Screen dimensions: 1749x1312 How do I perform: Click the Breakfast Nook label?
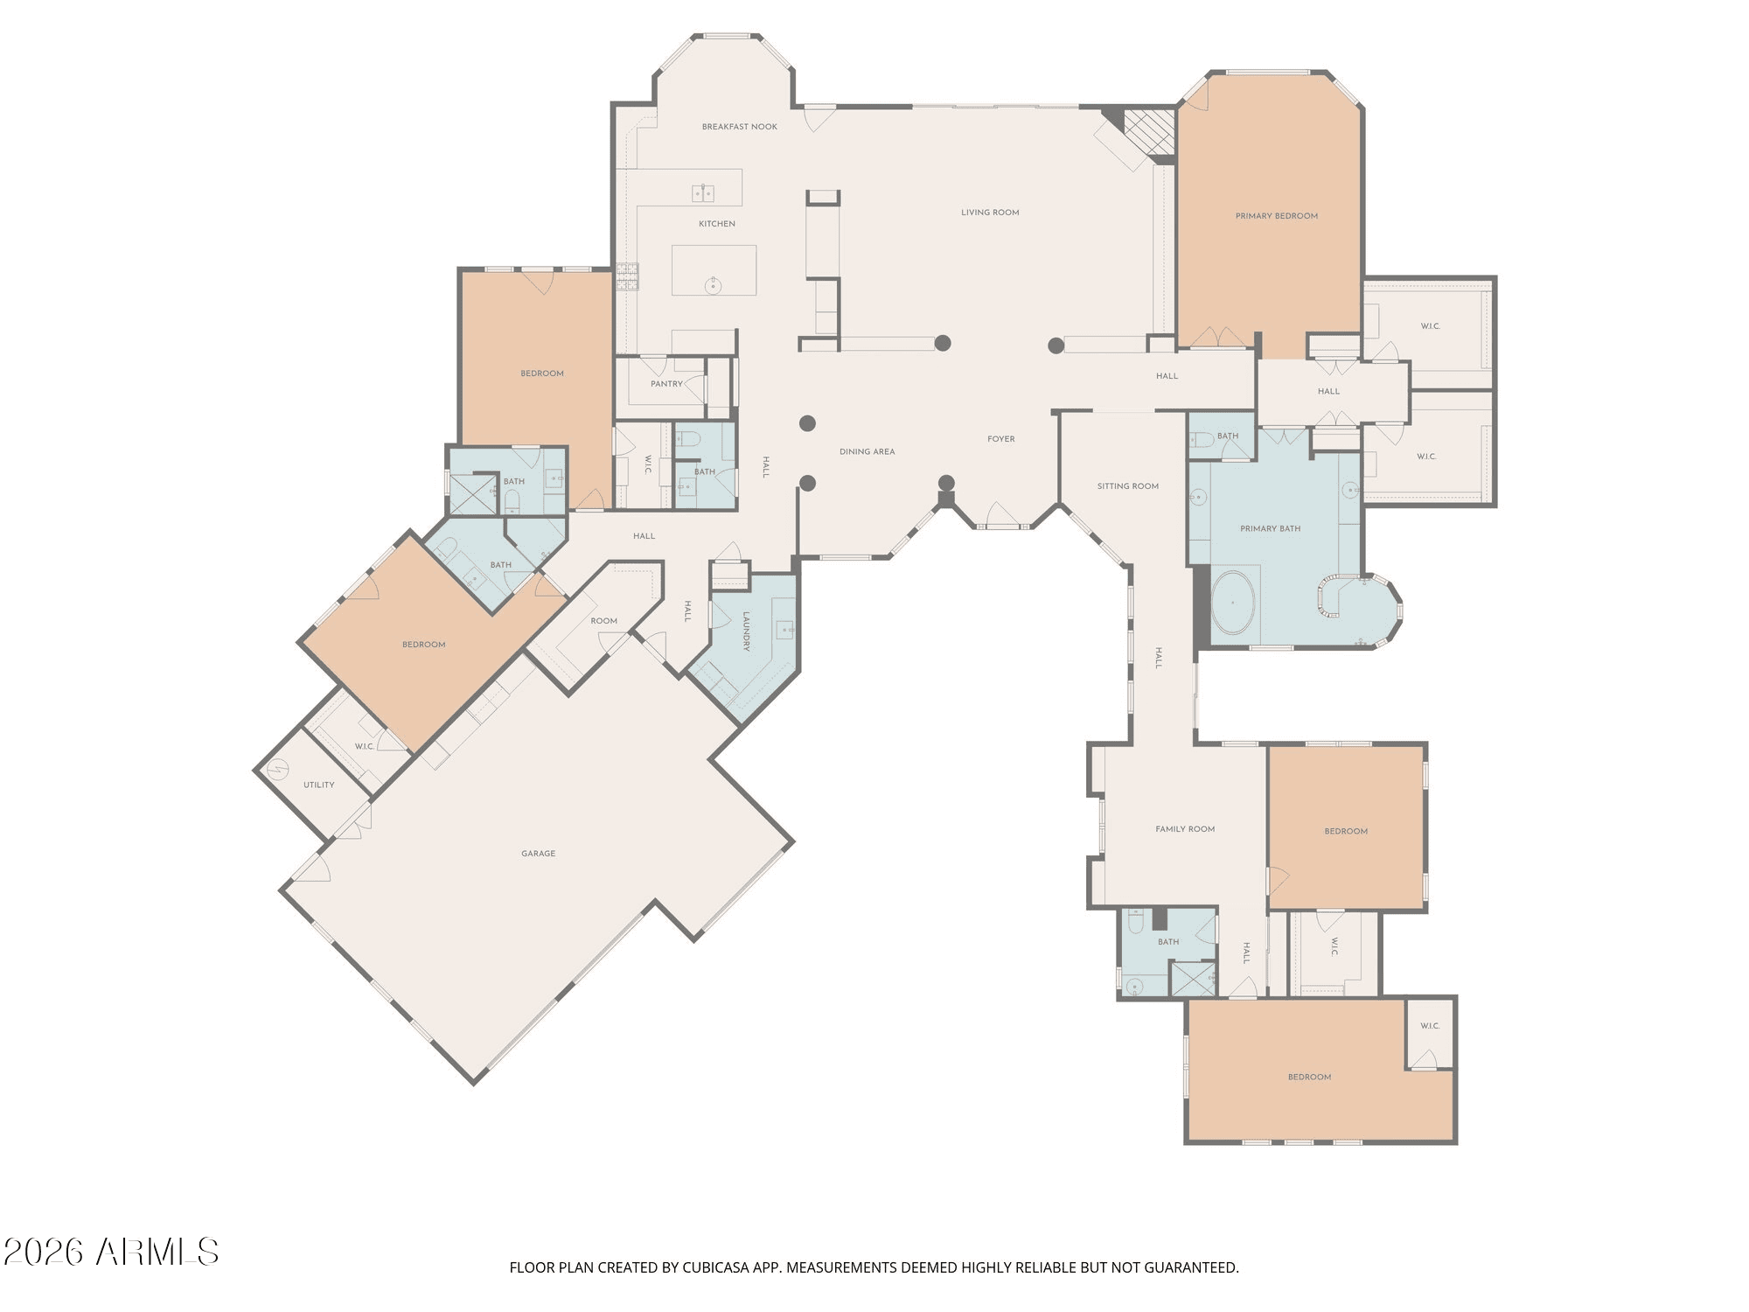pyautogui.click(x=739, y=127)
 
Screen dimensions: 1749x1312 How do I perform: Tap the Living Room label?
pyautogui.click(x=990, y=213)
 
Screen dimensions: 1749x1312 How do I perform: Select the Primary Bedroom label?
pyautogui.click(x=1276, y=216)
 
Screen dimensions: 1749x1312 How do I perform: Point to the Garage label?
pyautogui.click(x=538, y=854)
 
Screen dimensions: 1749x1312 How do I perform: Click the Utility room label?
pyautogui.click(x=318, y=785)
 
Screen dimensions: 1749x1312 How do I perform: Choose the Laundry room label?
pyautogui.click(x=747, y=632)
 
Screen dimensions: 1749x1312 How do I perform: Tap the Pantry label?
pyautogui.click(x=666, y=384)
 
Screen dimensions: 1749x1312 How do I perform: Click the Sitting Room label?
pyautogui.click(x=1127, y=486)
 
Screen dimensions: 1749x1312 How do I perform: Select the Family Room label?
pyautogui.click(x=1185, y=829)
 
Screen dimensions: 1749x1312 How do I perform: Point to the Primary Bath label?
pyautogui.click(x=1270, y=529)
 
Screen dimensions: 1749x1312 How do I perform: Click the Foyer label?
pyautogui.click(x=1001, y=439)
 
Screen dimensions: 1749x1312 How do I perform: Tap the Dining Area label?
pyautogui.click(x=867, y=452)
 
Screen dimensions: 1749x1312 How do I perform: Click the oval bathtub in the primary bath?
pyautogui.click(x=1233, y=603)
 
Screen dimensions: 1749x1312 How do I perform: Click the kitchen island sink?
pyautogui.click(x=713, y=285)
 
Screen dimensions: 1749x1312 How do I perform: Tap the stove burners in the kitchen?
pyautogui.click(x=628, y=276)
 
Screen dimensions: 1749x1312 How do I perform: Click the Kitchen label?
pyautogui.click(x=717, y=224)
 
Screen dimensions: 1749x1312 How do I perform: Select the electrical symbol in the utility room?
pyautogui.click(x=277, y=770)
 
